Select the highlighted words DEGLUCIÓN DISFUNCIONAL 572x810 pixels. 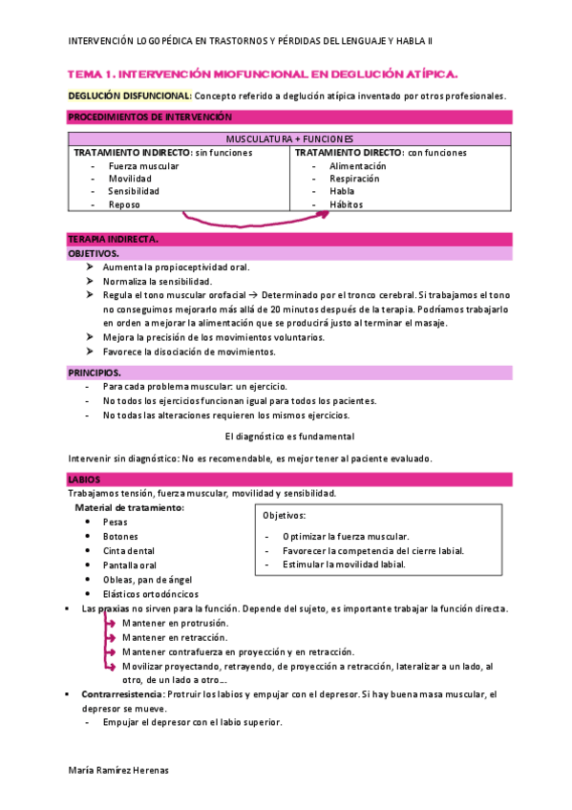tap(130, 96)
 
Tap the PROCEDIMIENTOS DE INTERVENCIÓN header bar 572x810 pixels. tap(150, 117)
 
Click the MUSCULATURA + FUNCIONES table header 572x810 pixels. tap(290, 139)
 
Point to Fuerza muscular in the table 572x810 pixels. tap(143, 165)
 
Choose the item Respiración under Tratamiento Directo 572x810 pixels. tap(353, 178)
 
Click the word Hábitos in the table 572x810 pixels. tap(346, 204)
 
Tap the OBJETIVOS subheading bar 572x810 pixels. tap(94, 254)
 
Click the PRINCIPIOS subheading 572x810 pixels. tap(95, 372)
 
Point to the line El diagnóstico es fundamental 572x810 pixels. tap(289, 436)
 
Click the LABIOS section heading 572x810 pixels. tap(83, 479)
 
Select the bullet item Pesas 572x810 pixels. tap(115, 522)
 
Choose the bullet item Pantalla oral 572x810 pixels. tap(130, 565)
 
